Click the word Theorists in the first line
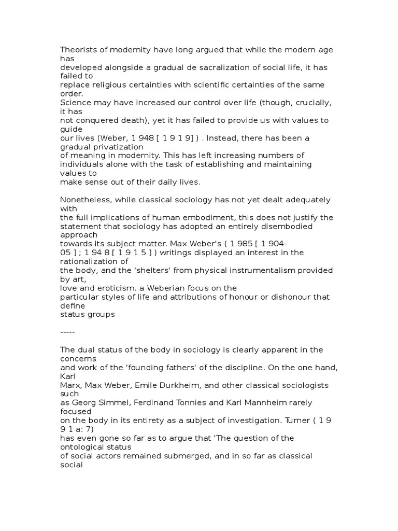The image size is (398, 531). click(78, 50)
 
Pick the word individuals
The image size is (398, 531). click(83, 164)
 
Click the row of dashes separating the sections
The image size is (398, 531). click(67, 332)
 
